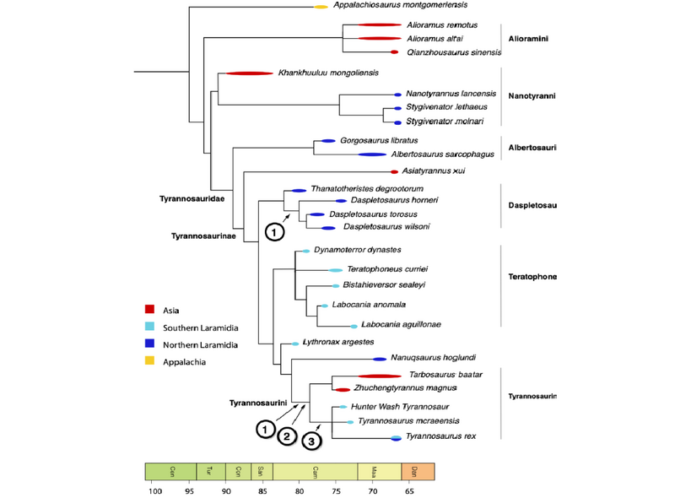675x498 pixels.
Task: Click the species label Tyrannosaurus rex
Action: tap(441, 436)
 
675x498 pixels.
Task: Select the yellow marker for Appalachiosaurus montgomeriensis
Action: tap(321, 7)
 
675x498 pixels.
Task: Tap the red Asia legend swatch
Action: tap(149, 309)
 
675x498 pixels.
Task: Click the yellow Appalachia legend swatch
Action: tap(149, 361)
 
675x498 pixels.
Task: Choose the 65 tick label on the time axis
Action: tap(408, 490)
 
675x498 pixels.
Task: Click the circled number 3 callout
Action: tap(312, 440)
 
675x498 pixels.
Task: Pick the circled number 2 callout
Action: tap(288, 436)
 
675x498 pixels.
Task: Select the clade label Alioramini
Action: tap(528, 39)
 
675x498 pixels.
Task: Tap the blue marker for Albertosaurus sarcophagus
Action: tap(372, 154)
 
